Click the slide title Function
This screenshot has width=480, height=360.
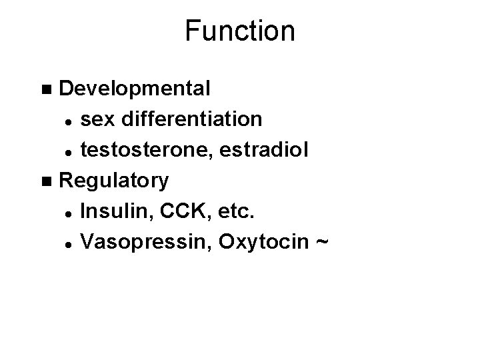(x=240, y=31)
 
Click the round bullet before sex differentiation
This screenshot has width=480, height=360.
(x=69, y=121)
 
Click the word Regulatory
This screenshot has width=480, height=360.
(x=114, y=181)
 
